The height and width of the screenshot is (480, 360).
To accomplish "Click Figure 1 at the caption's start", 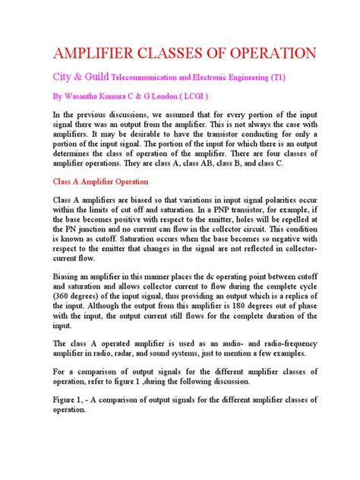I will coord(55,397).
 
